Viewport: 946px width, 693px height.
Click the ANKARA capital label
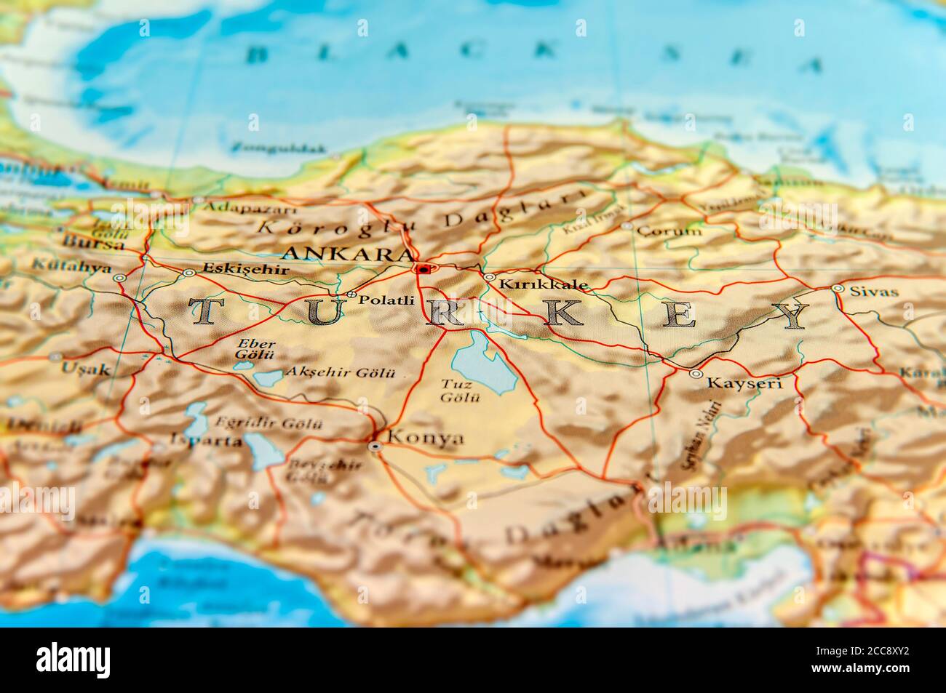(x=347, y=254)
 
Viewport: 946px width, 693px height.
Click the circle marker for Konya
(x=375, y=446)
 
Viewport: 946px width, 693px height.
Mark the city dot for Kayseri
(x=696, y=374)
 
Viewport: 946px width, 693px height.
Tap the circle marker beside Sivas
(x=838, y=289)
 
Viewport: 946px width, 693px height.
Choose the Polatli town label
(x=386, y=300)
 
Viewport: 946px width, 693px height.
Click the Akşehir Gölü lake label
(x=340, y=372)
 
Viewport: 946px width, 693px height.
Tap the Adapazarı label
(x=239, y=207)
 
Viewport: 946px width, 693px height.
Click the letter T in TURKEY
(x=204, y=312)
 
